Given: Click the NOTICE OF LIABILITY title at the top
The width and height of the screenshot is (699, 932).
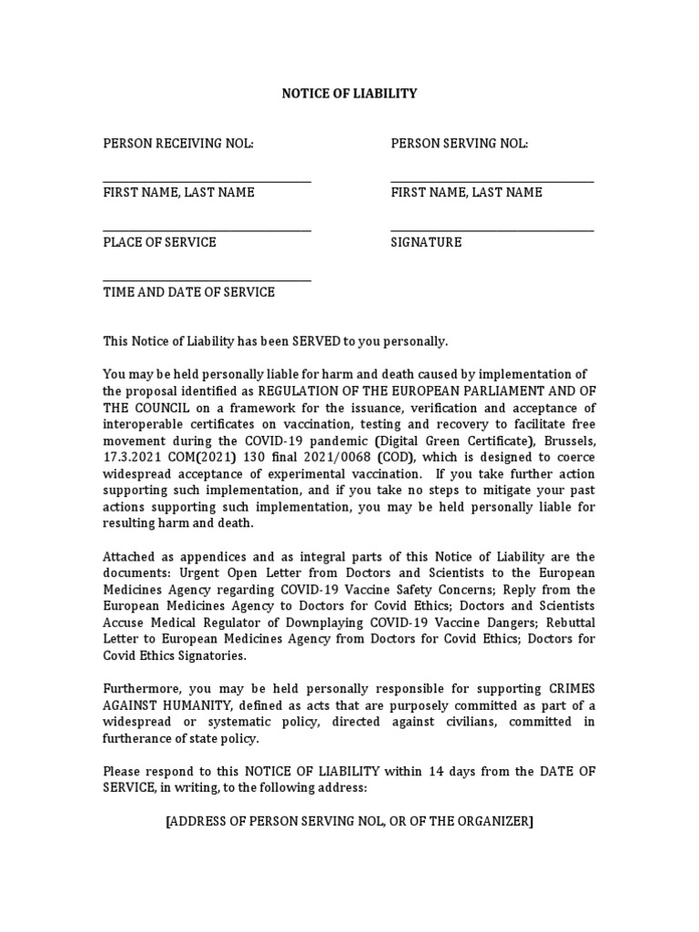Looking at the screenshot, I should tap(349, 93).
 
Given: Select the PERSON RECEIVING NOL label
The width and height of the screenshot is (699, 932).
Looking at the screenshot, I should tap(178, 143).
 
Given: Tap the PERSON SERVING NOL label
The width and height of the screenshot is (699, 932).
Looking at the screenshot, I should tap(460, 143).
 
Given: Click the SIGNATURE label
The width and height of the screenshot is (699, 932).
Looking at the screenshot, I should tap(426, 242).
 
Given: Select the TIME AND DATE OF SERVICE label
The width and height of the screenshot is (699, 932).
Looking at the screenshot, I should tap(188, 292).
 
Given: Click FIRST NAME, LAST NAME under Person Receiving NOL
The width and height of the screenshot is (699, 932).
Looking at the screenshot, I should tap(178, 192).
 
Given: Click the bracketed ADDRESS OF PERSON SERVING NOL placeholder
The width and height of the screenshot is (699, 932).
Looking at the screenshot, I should tap(349, 821).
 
